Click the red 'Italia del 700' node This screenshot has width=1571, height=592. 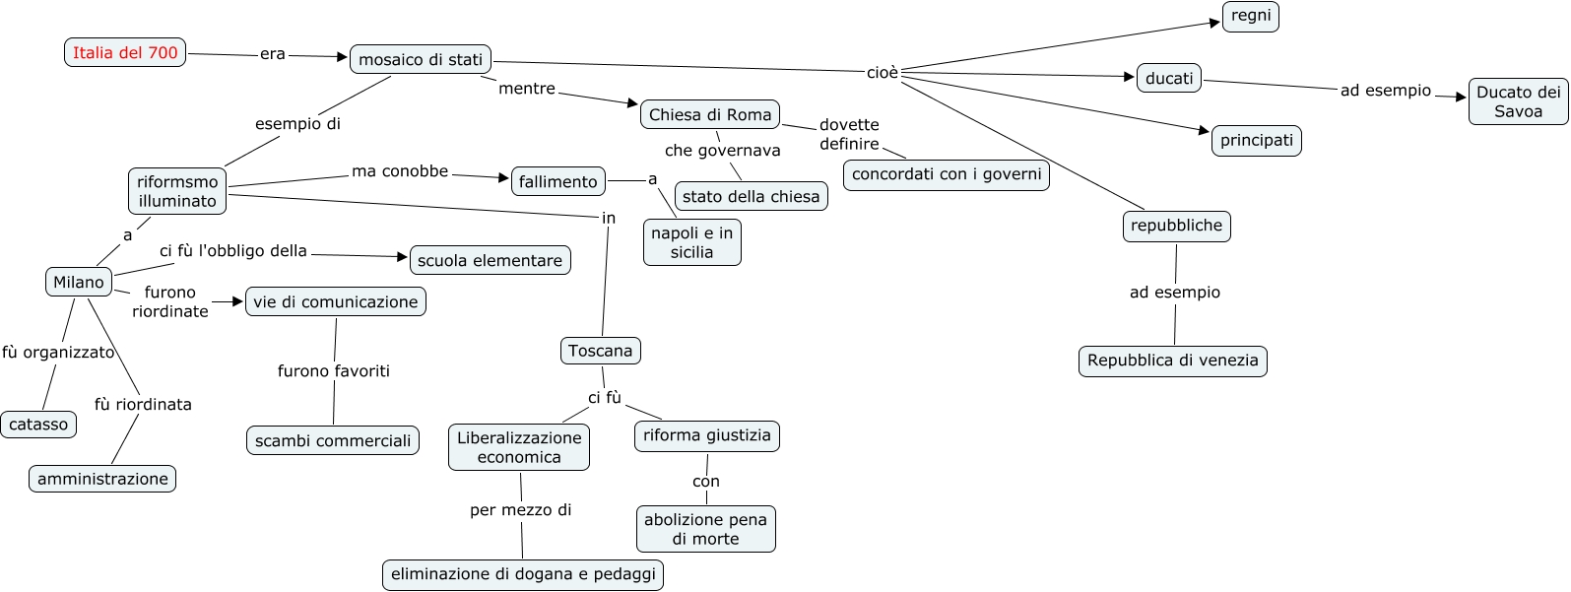(x=125, y=53)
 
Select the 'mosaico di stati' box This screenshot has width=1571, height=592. (x=421, y=60)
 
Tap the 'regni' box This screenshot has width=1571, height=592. (x=1251, y=17)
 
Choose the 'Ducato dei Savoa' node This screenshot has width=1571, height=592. (x=1518, y=102)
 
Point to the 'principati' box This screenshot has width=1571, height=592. (x=1256, y=141)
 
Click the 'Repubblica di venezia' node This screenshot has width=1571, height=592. (x=1172, y=362)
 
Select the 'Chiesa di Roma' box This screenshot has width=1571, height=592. (x=710, y=115)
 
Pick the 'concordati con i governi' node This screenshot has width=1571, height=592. (x=947, y=175)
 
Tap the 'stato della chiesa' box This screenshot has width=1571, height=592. (x=751, y=197)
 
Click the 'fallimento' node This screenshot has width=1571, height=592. (x=557, y=182)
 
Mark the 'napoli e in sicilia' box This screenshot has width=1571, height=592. (x=691, y=243)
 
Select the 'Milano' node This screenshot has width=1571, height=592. (x=79, y=283)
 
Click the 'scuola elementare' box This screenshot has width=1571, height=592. (x=490, y=261)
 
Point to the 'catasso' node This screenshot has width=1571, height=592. (x=38, y=426)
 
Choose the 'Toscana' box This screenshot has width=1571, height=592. (x=600, y=352)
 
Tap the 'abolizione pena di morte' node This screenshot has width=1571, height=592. (x=705, y=530)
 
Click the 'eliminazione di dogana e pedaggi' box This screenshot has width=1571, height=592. (x=523, y=575)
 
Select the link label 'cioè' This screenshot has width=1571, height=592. (x=883, y=73)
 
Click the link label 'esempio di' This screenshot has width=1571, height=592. (x=297, y=124)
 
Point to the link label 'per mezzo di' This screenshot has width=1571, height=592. (x=520, y=510)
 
